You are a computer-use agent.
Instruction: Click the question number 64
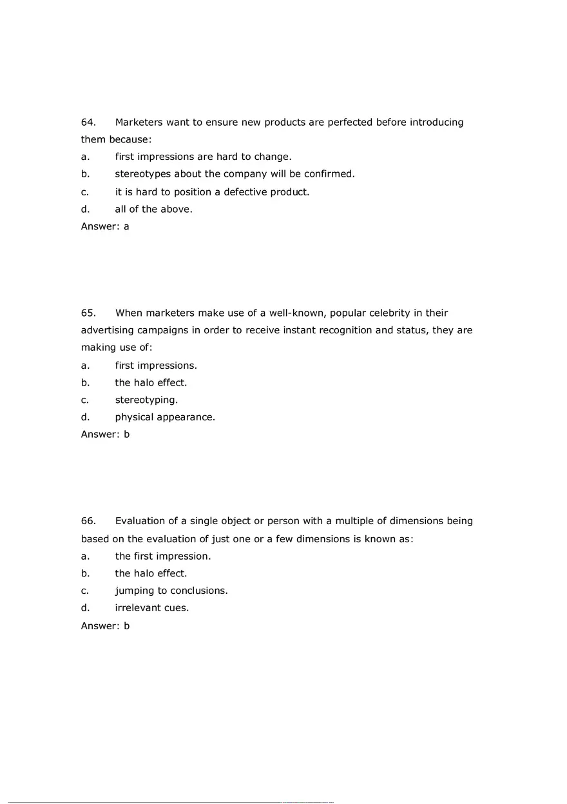tap(88, 123)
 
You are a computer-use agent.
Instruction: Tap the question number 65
tap(88, 313)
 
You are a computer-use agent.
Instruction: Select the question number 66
tap(88, 521)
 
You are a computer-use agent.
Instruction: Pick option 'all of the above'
tap(153, 209)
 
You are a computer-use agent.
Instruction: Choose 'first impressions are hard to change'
tap(203, 157)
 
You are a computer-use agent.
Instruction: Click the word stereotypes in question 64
tap(143, 174)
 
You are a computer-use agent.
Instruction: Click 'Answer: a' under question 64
tap(105, 226)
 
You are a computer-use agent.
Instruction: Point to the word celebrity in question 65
tap(399, 313)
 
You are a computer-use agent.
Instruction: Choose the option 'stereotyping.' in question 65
tap(146, 400)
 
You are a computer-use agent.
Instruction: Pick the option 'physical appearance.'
tap(165, 417)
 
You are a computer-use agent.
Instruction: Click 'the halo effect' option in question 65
tap(151, 382)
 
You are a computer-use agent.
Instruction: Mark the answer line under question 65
tap(105, 435)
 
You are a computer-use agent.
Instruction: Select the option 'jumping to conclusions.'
tap(171, 591)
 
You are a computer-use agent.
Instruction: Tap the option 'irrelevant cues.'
tap(152, 608)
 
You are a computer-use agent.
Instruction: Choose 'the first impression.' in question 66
tap(163, 556)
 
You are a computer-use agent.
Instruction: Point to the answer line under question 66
tap(105, 625)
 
